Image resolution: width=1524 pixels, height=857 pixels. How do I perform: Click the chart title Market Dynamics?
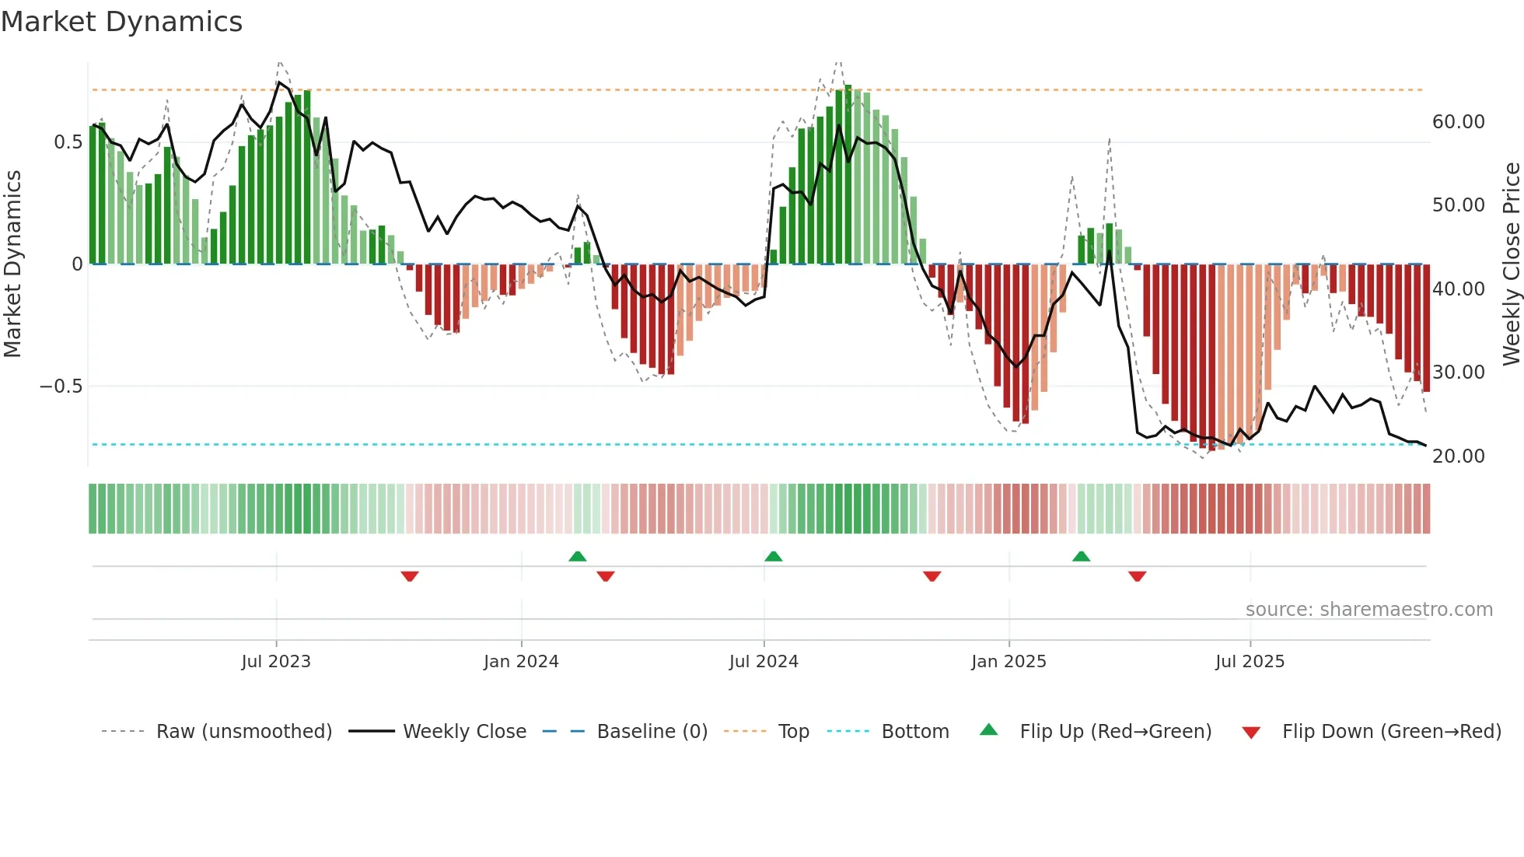(x=121, y=22)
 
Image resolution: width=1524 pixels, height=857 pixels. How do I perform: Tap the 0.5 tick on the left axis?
(x=68, y=142)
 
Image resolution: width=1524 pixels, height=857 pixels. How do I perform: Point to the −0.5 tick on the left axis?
(x=61, y=387)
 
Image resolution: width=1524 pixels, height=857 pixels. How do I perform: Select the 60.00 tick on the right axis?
(x=1458, y=122)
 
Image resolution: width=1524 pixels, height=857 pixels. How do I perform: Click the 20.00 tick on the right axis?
(x=1458, y=456)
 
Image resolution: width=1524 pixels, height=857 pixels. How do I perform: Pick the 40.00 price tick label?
(x=1458, y=289)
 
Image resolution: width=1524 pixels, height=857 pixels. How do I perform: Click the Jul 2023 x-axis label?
(x=276, y=662)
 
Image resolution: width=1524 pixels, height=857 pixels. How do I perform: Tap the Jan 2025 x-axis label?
(x=1008, y=662)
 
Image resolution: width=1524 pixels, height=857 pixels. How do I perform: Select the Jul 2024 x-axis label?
(x=764, y=662)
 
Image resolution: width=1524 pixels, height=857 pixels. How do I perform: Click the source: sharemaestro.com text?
(x=1368, y=610)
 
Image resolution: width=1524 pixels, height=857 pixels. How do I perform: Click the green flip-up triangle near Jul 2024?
(x=773, y=556)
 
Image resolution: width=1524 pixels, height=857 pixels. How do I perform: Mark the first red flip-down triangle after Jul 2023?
(x=410, y=576)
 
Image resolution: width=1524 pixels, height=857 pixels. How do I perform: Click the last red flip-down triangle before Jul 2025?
(x=1137, y=576)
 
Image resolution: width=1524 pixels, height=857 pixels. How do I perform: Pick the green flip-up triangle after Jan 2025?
(x=1081, y=556)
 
